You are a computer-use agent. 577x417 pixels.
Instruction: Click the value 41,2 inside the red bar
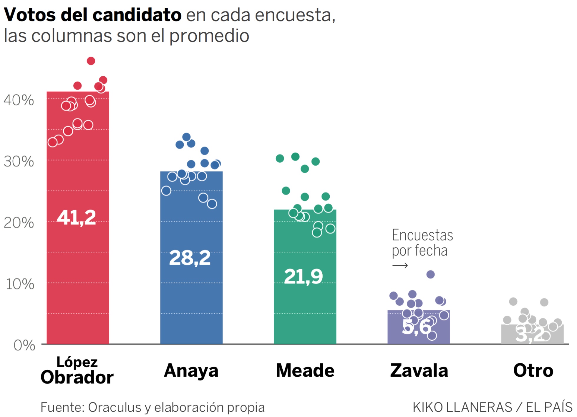(x=77, y=218)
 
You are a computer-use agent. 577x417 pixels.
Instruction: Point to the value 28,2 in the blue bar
(x=190, y=258)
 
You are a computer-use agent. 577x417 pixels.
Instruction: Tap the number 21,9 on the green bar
(x=304, y=277)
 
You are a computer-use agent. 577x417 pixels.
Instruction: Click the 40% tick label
(x=19, y=100)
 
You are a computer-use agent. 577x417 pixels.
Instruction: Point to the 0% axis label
(x=24, y=345)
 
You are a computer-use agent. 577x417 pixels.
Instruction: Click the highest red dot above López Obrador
(x=91, y=61)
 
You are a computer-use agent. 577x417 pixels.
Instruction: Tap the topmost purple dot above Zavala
(x=430, y=274)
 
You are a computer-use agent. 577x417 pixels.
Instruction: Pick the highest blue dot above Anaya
(x=186, y=137)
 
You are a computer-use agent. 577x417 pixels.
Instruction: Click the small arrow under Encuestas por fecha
(x=400, y=266)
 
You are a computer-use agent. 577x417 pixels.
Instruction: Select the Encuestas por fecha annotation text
(x=422, y=243)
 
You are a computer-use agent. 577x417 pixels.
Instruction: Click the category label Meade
(x=305, y=370)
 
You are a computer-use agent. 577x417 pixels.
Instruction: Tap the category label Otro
(x=533, y=370)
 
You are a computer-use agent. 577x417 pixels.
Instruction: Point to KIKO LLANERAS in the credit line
(x=462, y=407)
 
